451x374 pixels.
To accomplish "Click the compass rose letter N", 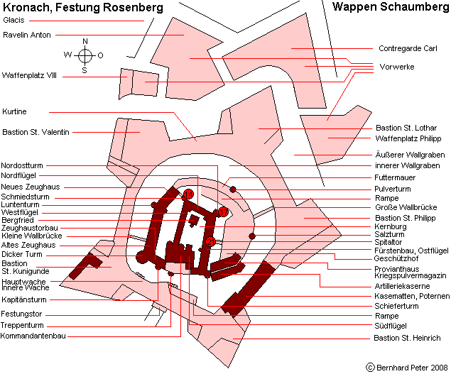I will [85, 41].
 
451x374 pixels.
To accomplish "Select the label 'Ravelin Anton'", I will [26, 34].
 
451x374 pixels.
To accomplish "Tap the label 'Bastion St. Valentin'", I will [36, 132].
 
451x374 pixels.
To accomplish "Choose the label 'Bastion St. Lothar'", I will [402, 128].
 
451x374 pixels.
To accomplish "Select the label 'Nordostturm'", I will [21, 165].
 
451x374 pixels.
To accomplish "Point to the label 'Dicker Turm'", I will [22, 254].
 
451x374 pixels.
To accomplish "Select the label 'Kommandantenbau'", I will [33, 336].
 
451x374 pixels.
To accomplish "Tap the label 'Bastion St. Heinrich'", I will [407, 338].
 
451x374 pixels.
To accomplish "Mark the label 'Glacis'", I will [13, 20].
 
